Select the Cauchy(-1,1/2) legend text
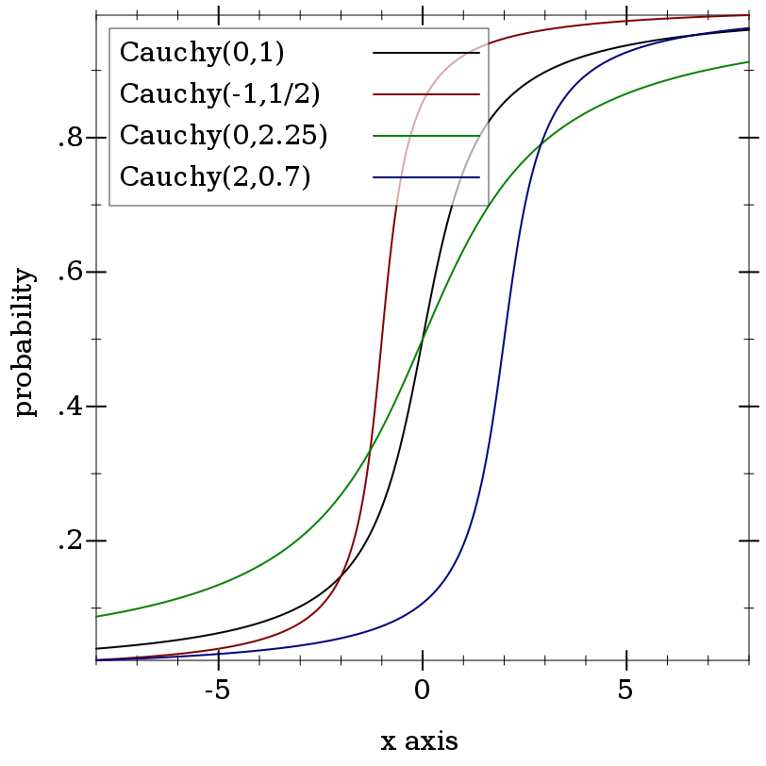click(x=220, y=93)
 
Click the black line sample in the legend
click(x=426, y=52)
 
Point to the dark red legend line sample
click(x=426, y=93)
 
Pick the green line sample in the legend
click(x=426, y=135)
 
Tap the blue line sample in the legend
click(x=426, y=176)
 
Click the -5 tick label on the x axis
click(x=217, y=691)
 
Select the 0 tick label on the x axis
click(x=422, y=691)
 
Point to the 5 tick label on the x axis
click(x=625, y=691)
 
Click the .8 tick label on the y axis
click(x=71, y=139)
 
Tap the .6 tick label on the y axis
click(x=71, y=272)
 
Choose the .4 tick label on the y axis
click(x=71, y=407)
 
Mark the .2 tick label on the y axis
click(x=71, y=541)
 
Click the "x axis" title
click(x=419, y=741)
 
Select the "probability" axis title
click(x=25, y=341)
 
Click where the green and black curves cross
click(x=423, y=337)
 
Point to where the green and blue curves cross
click(x=540, y=144)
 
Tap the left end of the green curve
click(x=97, y=617)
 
